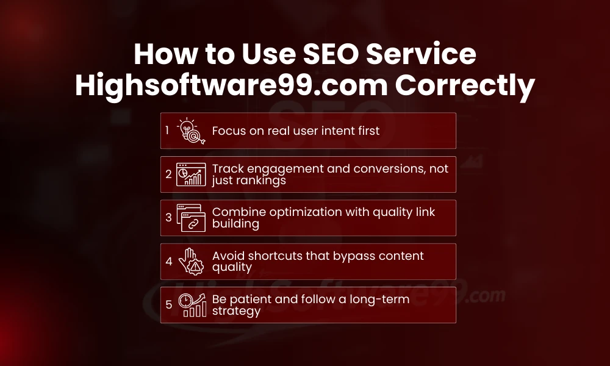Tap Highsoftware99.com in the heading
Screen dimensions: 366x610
click(231, 86)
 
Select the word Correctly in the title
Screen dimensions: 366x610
click(464, 86)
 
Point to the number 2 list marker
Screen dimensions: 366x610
click(168, 174)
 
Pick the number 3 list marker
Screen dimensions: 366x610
click(168, 218)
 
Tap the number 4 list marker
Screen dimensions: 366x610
click(168, 261)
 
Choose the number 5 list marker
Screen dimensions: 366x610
click(168, 304)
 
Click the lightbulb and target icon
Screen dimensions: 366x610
click(191, 131)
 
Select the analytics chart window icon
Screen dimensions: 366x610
click(191, 174)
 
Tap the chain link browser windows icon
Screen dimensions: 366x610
click(191, 218)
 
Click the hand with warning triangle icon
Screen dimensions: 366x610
click(191, 261)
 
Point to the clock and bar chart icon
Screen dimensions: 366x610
click(191, 304)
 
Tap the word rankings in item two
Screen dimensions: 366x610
click(264, 181)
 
